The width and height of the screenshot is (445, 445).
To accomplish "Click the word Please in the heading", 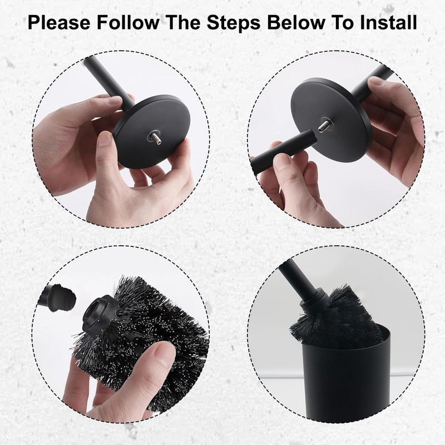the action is (59, 22).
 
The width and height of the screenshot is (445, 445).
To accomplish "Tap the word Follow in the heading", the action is (128, 22).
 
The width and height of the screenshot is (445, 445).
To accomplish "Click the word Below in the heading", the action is (296, 22).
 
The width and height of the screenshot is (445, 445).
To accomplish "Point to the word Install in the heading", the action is (389, 22).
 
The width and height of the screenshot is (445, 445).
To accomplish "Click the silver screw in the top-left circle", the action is (154, 138).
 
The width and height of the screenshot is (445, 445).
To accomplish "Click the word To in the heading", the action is (343, 22).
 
